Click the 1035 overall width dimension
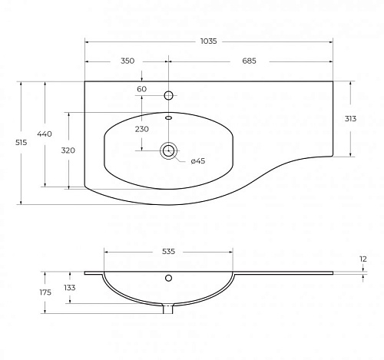pyautogui.click(x=208, y=41)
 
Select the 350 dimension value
pyautogui.click(x=127, y=61)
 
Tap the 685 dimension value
pyautogui.click(x=249, y=61)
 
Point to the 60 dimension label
pyautogui.click(x=141, y=89)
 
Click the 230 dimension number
pyautogui.click(x=142, y=129)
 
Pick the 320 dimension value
pyautogui.click(x=68, y=150)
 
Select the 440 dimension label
pyautogui.click(x=45, y=134)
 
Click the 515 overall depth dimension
pyautogui.click(x=21, y=143)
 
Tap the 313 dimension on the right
pyautogui.click(x=350, y=119)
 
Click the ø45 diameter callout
pyautogui.click(x=198, y=161)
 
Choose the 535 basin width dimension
pyautogui.click(x=168, y=252)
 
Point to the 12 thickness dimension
pyautogui.click(x=363, y=259)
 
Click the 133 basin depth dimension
pyautogui.click(x=70, y=288)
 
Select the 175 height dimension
pyautogui.click(x=45, y=292)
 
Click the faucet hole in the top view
pyautogui.click(x=168, y=96)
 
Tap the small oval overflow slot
pyautogui.click(x=168, y=117)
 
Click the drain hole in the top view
pyautogui.click(x=168, y=150)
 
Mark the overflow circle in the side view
pyautogui.click(x=168, y=278)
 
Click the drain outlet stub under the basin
pyautogui.click(x=168, y=309)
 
